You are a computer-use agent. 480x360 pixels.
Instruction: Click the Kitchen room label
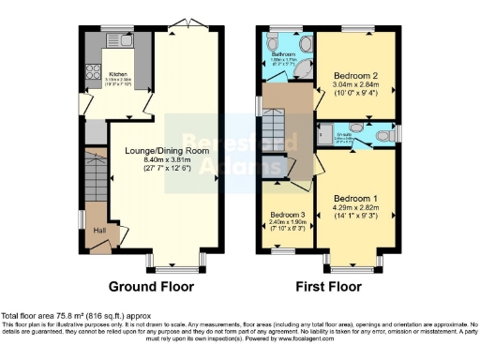(x=117, y=73)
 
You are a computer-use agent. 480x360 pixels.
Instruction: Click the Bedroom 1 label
(x=356, y=200)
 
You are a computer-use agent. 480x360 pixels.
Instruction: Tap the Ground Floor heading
(x=151, y=286)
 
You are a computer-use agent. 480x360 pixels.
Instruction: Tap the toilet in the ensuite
(x=382, y=136)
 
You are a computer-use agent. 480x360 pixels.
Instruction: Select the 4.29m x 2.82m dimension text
(x=356, y=210)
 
